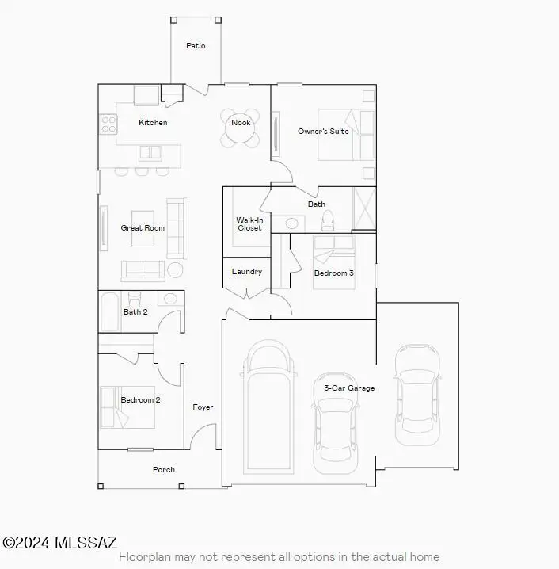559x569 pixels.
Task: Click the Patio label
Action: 196,46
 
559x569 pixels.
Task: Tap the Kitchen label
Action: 153,123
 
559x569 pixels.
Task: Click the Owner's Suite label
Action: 323,132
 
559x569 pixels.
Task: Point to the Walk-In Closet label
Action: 249,224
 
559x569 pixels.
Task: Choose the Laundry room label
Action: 246,272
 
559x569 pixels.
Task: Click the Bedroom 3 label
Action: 333,273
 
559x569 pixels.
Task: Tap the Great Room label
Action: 143,228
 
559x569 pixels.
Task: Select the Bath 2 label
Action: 135,312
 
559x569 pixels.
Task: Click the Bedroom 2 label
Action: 140,400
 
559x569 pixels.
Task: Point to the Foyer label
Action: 203,407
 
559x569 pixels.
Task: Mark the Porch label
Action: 163,470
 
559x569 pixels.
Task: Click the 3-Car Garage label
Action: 349,388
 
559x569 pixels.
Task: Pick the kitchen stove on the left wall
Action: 108,124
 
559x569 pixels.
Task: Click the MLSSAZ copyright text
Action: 60,543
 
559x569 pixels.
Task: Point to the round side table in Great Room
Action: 175,270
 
